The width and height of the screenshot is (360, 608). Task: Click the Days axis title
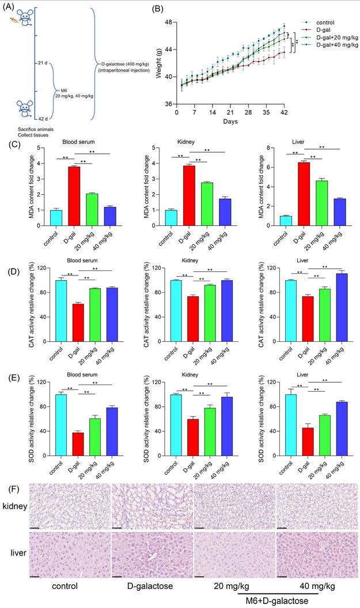point(230,122)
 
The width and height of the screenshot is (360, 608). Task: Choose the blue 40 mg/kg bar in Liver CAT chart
point(339,308)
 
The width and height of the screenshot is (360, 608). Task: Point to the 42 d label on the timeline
point(43,119)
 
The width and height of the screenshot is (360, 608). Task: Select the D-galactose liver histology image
point(152,555)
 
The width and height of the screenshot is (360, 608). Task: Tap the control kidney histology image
point(70,505)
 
